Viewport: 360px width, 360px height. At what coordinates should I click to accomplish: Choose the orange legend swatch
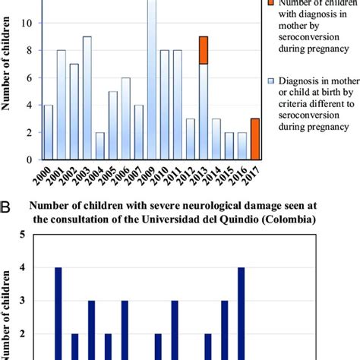pos(272,4)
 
